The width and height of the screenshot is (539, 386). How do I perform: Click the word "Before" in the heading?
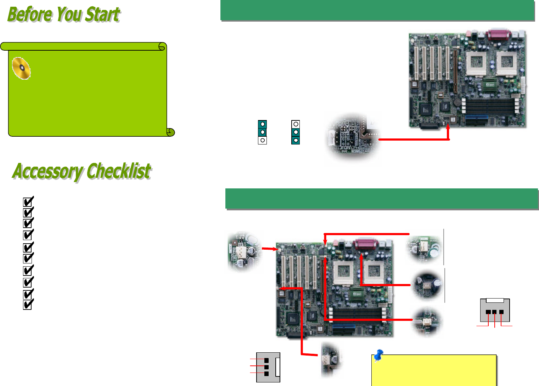(30, 14)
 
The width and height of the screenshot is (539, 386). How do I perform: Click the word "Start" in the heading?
(103, 14)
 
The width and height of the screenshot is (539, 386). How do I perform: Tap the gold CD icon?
(21, 68)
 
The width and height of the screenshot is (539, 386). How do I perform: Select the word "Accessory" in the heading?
(48, 171)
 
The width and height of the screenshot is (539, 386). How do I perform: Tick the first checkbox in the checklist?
(28, 201)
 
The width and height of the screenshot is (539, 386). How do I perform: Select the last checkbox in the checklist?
(28, 304)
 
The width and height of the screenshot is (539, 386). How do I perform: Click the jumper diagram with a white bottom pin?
(262, 132)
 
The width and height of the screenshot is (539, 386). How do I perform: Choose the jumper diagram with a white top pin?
(296, 132)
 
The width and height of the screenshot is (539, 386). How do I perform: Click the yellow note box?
(434, 370)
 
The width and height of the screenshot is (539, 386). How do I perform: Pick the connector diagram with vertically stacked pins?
(268, 367)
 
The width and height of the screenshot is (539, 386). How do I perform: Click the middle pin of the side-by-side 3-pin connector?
(494, 312)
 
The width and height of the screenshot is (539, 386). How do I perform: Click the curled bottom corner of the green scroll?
(170, 132)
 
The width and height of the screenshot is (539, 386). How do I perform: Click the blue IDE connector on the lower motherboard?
(344, 327)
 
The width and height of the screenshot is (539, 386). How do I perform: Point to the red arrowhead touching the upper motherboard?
(448, 127)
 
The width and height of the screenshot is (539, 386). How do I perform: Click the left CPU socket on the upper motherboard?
(476, 63)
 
